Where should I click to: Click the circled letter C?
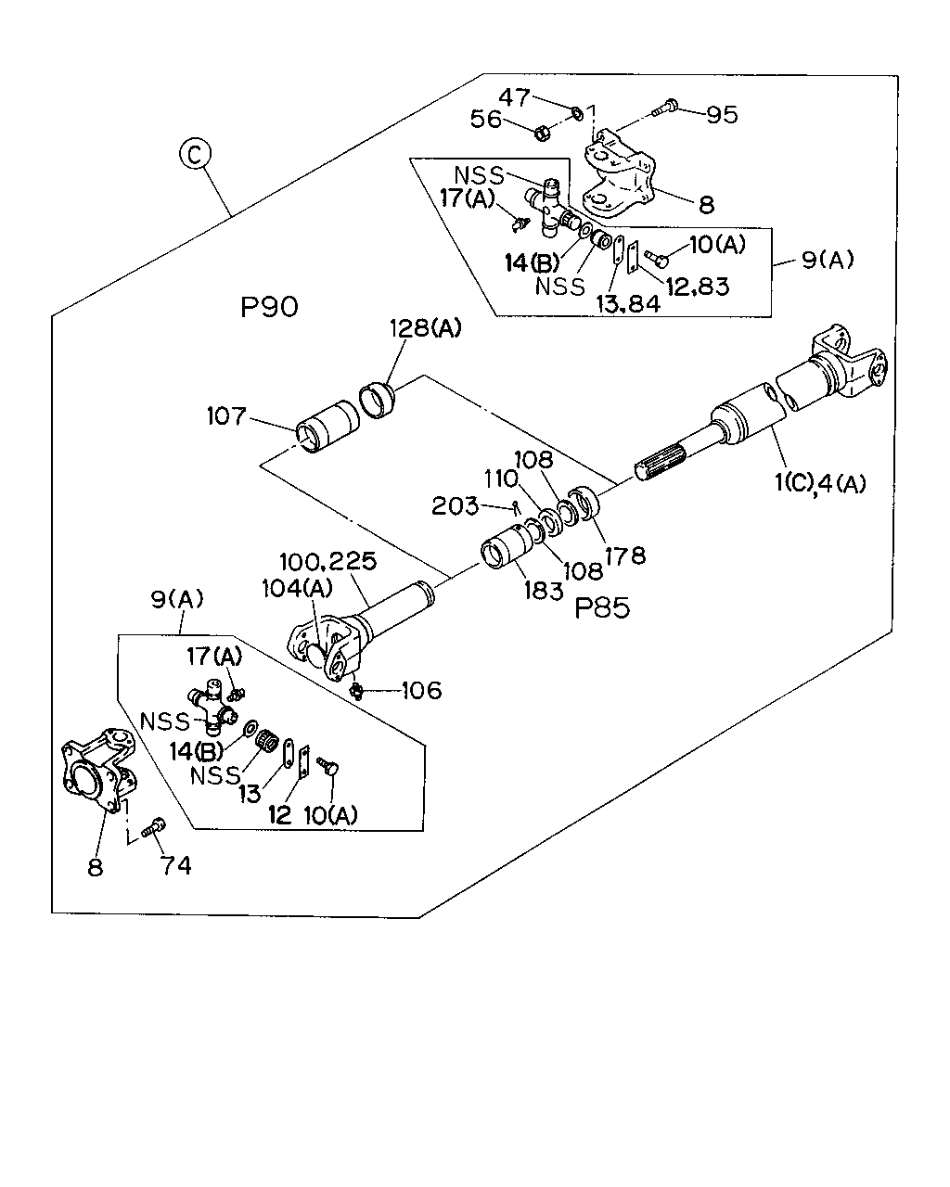coord(195,154)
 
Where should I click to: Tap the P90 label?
coord(269,307)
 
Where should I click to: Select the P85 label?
coord(602,608)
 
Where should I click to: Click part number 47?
coord(514,97)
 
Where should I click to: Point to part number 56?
coord(486,119)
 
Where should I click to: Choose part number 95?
coord(723,115)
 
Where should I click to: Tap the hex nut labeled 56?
coord(543,133)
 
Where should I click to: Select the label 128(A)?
coord(426,328)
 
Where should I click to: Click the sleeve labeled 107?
coord(327,427)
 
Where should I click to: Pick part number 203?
coord(455,505)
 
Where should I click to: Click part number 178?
coord(625,555)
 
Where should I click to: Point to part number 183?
coord(544,591)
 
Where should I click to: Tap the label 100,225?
coord(327,562)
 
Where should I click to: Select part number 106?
coord(422,691)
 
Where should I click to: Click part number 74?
coord(176,865)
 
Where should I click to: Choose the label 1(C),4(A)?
coord(820,484)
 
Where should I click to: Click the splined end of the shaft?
coord(661,462)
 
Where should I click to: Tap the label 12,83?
coord(698,287)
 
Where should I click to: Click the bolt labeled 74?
coord(153,827)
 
